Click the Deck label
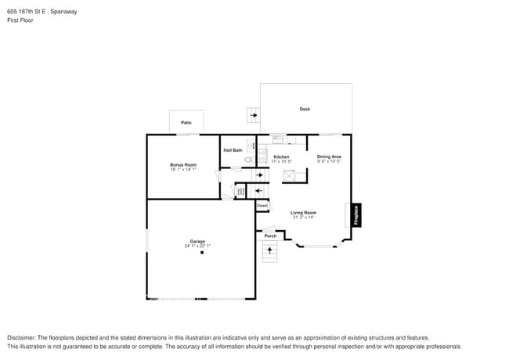tap(305, 109)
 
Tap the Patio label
tap(186, 123)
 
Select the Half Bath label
tap(233, 150)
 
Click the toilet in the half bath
tap(248, 160)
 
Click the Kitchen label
tap(281, 157)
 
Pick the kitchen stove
tap(262, 156)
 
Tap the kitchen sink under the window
tap(278, 140)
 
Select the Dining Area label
tap(329, 157)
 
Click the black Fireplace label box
tap(356, 215)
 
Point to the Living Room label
tap(303, 213)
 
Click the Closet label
tap(262, 206)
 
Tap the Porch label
tap(269, 236)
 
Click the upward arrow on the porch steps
tap(272, 250)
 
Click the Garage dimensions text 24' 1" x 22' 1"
tap(197, 246)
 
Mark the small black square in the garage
tap(201, 253)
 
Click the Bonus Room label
tap(183, 164)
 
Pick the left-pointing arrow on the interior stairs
tap(258, 189)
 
